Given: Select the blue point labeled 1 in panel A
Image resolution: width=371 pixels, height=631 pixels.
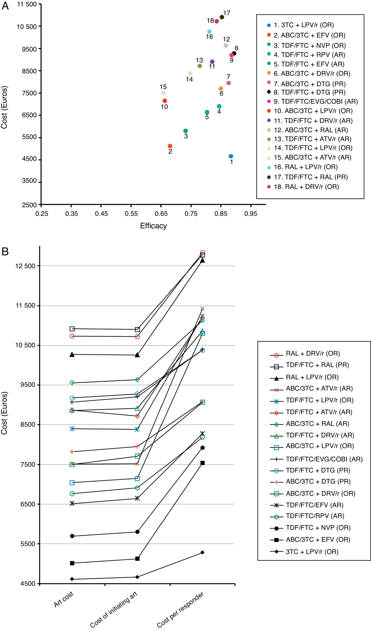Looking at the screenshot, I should pos(231,156).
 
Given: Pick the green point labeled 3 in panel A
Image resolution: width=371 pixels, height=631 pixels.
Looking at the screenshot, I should pos(185,131).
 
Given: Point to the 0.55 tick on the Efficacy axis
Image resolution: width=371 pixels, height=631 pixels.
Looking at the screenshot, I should pos(131,214).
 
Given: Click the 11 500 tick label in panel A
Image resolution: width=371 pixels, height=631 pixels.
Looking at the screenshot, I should pos(27,4).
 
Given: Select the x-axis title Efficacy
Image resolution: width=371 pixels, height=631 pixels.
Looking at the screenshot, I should pos(153,226).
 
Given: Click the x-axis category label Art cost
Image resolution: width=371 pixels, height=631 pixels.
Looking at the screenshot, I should pos(64,599).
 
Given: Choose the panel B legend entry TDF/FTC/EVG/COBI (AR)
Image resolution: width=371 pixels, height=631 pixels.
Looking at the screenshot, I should pos(324,459).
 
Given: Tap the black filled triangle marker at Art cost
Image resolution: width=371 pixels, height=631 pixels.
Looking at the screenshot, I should pos(72,355).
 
